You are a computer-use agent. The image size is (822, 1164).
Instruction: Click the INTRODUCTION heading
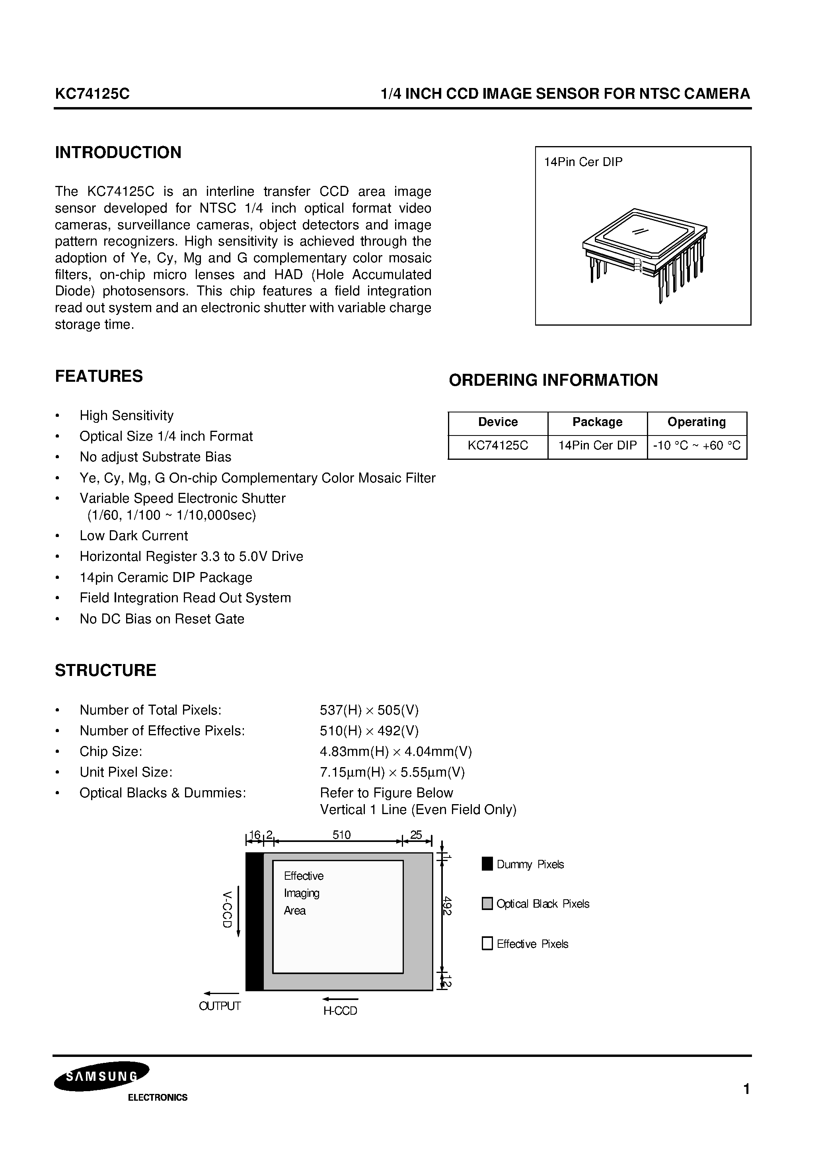pyautogui.click(x=118, y=152)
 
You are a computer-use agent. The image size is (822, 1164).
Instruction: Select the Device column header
pyautogui.click(x=498, y=422)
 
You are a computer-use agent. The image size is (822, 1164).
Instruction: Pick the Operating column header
pyautogui.click(x=696, y=422)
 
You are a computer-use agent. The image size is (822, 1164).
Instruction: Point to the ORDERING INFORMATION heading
pyautogui.click(x=553, y=380)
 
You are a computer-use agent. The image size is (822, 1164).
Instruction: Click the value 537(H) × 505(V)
pyautogui.click(x=369, y=710)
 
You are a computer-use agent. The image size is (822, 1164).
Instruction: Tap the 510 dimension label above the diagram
pyautogui.click(x=341, y=835)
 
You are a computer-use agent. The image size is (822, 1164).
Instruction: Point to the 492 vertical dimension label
pyautogui.click(x=447, y=906)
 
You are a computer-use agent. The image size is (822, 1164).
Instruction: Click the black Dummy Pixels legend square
pyautogui.click(x=487, y=864)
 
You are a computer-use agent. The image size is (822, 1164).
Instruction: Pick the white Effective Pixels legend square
pyautogui.click(x=487, y=944)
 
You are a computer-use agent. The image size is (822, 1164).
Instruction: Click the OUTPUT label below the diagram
pyautogui.click(x=220, y=1006)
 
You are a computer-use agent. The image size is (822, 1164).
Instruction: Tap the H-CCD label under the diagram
pyautogui.click(x=340, y=1011)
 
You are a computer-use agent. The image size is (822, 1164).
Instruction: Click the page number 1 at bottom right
pyautogui.click(x=746, y=1089)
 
